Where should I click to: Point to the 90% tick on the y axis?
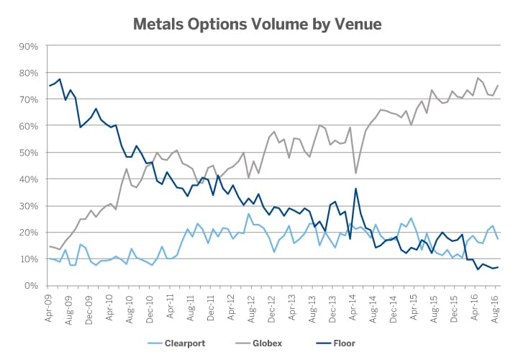[x=28, y=46]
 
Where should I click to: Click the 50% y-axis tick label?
[x=28, y=153]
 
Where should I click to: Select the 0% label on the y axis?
[x=31, y=286]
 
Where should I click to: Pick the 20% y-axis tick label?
[x=28, y=233]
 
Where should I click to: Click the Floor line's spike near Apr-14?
[x=356, y=189]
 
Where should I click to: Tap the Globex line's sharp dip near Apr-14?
[x=356, y=173]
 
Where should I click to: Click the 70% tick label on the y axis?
[x=28, y=99]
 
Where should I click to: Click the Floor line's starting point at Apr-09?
[x=50, y=86]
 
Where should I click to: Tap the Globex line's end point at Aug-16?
[x=498, y=86]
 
